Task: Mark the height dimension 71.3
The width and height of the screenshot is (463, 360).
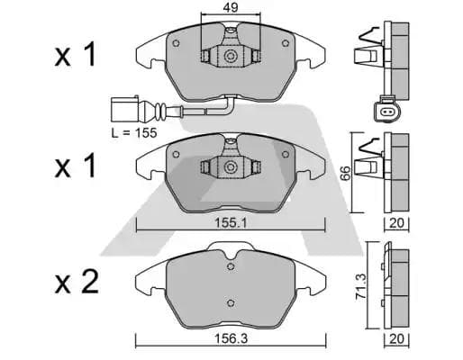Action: tap(359, 287)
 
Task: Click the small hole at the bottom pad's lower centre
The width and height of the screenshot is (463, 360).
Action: tap(231, 302)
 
